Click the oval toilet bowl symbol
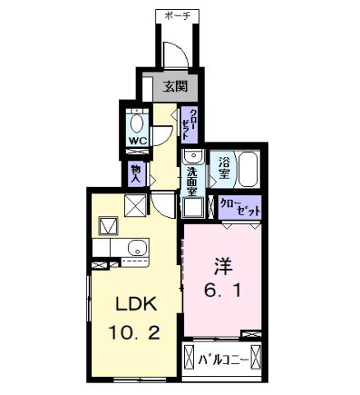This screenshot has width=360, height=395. click(x=137, y=123)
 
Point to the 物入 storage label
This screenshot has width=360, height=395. click(x=136, y=172)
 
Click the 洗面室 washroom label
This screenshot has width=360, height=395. click(x=192, y=181)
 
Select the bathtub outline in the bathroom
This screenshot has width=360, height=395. click(x=247, y=170)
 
